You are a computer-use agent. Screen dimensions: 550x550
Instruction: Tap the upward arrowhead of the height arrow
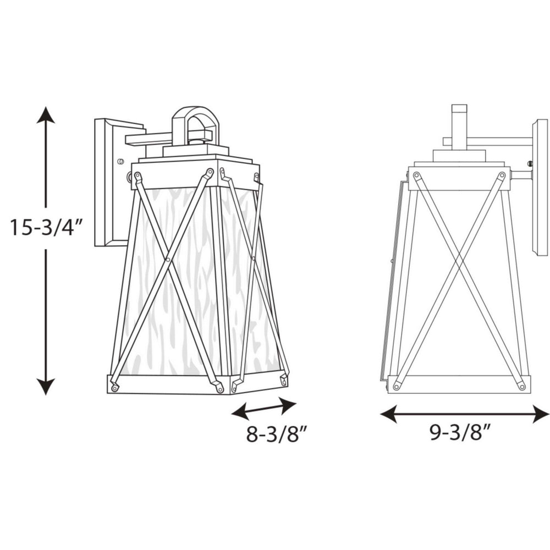[x=46, y=116]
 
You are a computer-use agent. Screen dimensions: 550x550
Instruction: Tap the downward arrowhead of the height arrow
[x=46, y=386]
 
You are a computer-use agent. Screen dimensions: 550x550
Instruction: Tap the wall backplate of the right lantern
[x=539, y=187]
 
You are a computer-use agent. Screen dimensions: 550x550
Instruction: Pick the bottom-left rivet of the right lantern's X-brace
[x=397, y=387]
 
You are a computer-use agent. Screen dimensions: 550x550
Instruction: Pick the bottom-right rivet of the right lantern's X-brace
[x=521, y=387]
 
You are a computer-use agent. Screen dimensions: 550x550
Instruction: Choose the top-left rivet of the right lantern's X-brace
[x=416, y=176]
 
